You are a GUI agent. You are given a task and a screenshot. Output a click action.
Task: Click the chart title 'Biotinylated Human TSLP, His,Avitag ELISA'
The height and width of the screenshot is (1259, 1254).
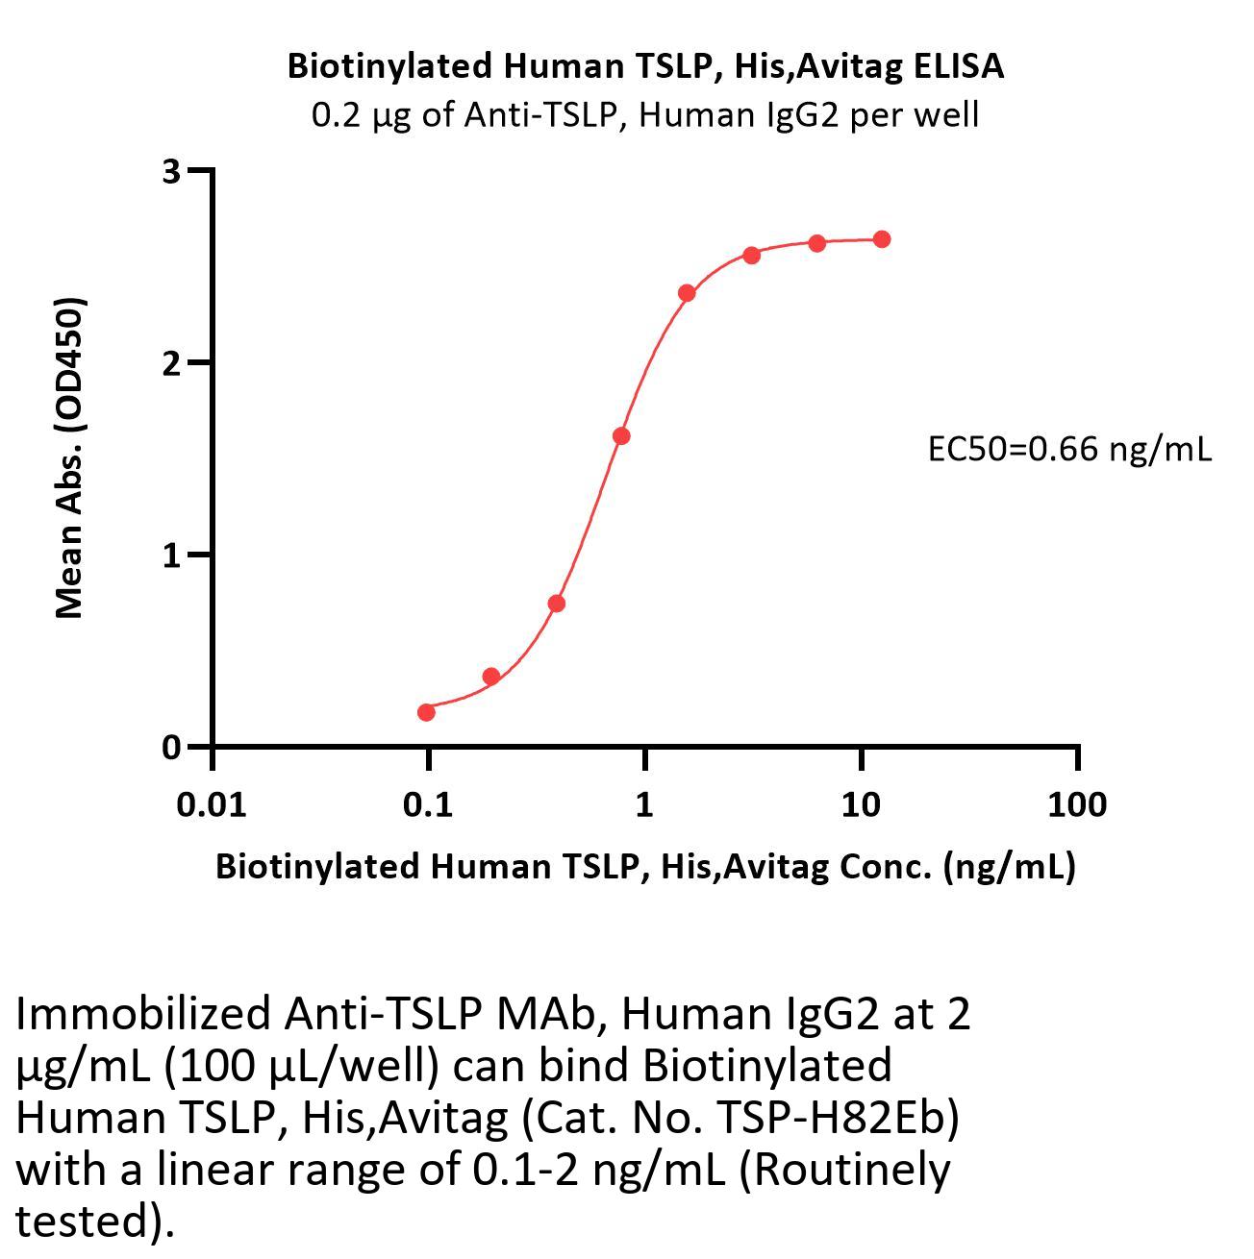(x=645, y=65)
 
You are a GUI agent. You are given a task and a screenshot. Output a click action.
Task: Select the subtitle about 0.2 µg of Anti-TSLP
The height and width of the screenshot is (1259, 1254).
(x=645, y=115)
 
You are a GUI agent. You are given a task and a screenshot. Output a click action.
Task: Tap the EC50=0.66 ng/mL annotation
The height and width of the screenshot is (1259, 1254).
(x=1069, y=448)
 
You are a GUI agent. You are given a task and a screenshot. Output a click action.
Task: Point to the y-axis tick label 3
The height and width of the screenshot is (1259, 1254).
(x=172, y=172)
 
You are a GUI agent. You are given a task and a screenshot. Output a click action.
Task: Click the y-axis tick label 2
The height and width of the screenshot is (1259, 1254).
(x=172, y=363)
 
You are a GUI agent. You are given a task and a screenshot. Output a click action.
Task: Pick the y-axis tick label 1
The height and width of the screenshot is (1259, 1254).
(x=172, y=555)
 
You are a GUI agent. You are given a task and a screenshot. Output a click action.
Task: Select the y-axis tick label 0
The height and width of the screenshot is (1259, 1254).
(x=172, y=747)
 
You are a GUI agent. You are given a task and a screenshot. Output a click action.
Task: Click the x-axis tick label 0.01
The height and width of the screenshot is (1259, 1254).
(x=212, y=804)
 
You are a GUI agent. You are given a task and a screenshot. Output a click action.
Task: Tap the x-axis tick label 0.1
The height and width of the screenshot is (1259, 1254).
(x=428, y=804)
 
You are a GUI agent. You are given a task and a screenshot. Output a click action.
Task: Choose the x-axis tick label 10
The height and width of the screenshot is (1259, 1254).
(x=861, y=804)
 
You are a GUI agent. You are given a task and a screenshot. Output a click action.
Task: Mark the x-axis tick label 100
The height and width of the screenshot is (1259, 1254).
(x=1077, y=804)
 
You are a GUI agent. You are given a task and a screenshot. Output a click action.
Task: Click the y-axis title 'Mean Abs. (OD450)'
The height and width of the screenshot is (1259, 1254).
(x=69, y=457)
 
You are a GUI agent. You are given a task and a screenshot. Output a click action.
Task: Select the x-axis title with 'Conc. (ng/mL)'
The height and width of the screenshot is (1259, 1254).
(x=645, y=866)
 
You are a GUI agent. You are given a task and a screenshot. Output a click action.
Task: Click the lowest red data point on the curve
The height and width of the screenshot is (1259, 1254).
(x=426, y=712)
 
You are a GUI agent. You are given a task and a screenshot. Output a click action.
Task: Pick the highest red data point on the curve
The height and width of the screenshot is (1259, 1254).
(x=882, y=239)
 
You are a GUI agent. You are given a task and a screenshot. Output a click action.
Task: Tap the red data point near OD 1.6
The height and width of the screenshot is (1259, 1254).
(x=621, y=436)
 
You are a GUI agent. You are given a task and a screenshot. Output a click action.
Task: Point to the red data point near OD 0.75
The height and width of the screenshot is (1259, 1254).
(x=556, y=604)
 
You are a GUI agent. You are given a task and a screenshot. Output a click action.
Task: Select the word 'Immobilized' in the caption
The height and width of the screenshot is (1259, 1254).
(x=143, y=1013)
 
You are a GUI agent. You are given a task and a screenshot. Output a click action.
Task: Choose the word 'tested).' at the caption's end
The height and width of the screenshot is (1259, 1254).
(x=96, y=1221)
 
